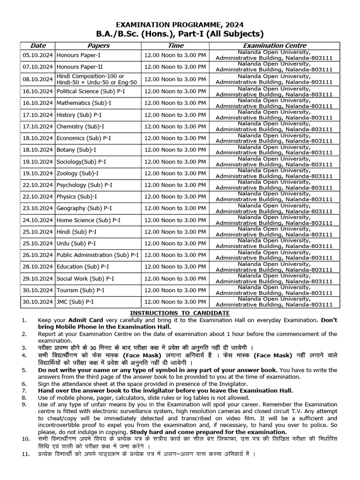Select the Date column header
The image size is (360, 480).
tap(38, 45)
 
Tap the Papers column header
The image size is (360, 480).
tap(98, 45)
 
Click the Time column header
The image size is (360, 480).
tap(175, 45)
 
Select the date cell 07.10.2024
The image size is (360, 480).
tap(38, 67)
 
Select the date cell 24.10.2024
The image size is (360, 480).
tap(38, 220)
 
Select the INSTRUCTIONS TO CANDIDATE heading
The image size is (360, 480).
tap(180, 313)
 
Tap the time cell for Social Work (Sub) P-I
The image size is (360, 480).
tap(175, 278)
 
